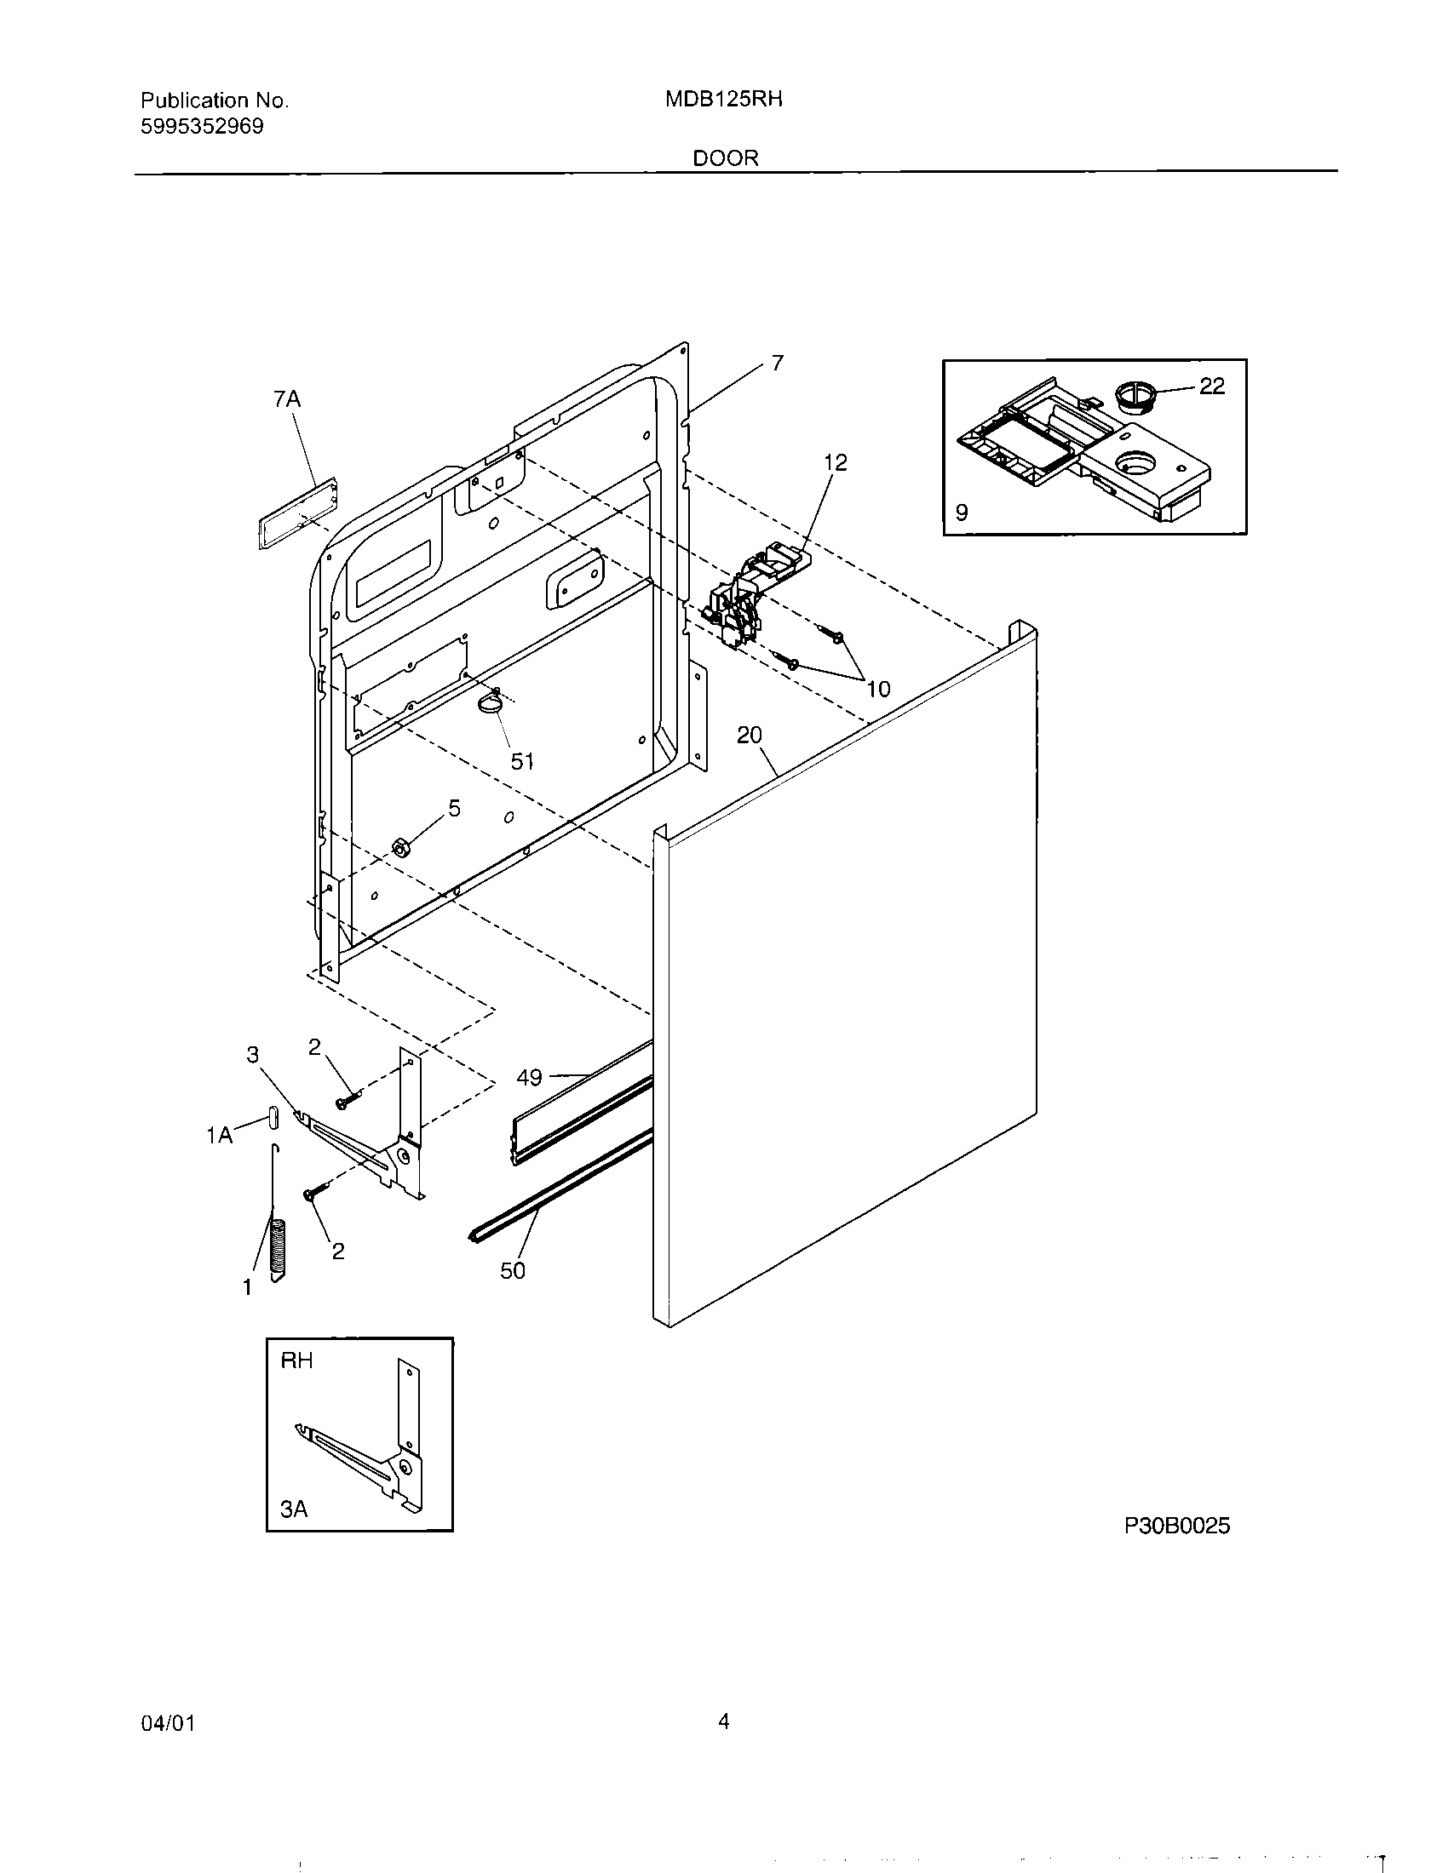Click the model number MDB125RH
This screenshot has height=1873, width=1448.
723,100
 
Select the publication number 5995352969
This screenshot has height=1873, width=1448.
202,127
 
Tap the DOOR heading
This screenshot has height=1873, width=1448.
726,158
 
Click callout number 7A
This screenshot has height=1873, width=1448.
287,398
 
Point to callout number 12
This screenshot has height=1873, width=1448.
835,462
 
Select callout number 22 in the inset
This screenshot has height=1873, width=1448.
1211,387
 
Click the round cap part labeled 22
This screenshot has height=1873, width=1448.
1136,396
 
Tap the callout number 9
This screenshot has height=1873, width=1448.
962,513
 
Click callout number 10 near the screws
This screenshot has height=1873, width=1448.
878,688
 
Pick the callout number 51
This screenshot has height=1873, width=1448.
522,760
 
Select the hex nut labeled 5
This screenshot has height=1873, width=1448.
399,847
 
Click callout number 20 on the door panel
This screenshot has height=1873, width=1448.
749,735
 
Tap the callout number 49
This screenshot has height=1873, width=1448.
529,1078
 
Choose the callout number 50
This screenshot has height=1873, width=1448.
512,1270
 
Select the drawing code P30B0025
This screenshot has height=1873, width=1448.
1177,1526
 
